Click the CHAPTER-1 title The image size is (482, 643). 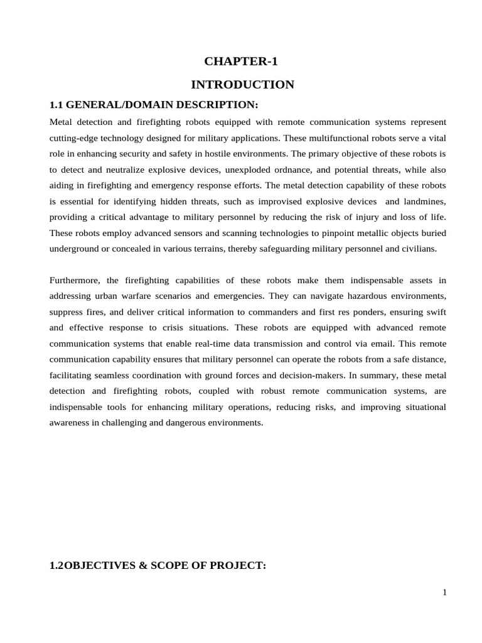[x=241, y=62]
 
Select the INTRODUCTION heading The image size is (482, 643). [x=242, y=85]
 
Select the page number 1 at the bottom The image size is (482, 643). [x=444, y=592]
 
